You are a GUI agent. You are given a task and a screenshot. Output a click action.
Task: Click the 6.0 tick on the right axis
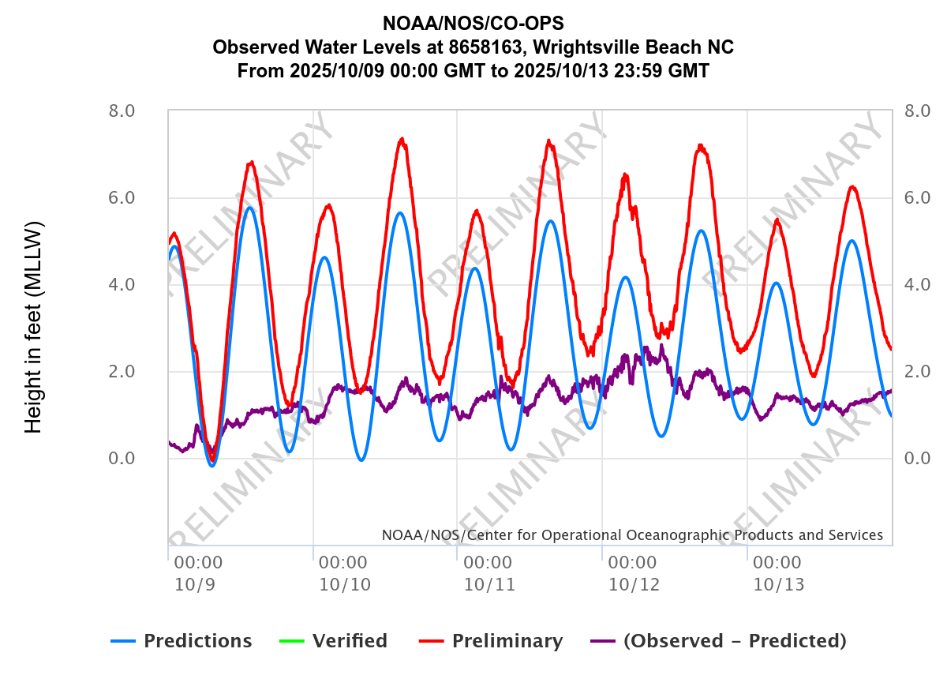[x=918, y=197]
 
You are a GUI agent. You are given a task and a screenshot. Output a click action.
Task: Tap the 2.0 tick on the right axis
[x=918, y=371]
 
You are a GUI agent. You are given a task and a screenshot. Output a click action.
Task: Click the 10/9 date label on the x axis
[x=188, y=585]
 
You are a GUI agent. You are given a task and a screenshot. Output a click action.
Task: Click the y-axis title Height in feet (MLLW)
[x=33, y=327]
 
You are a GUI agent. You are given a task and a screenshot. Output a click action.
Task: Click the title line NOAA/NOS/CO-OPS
[x=473, y=22]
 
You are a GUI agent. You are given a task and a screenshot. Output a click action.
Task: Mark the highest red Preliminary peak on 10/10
[x=402, y=140]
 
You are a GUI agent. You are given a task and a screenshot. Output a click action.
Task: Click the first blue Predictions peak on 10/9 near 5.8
[x=249, y=208]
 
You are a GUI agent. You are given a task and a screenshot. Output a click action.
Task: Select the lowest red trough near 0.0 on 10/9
[x=211, y=458]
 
